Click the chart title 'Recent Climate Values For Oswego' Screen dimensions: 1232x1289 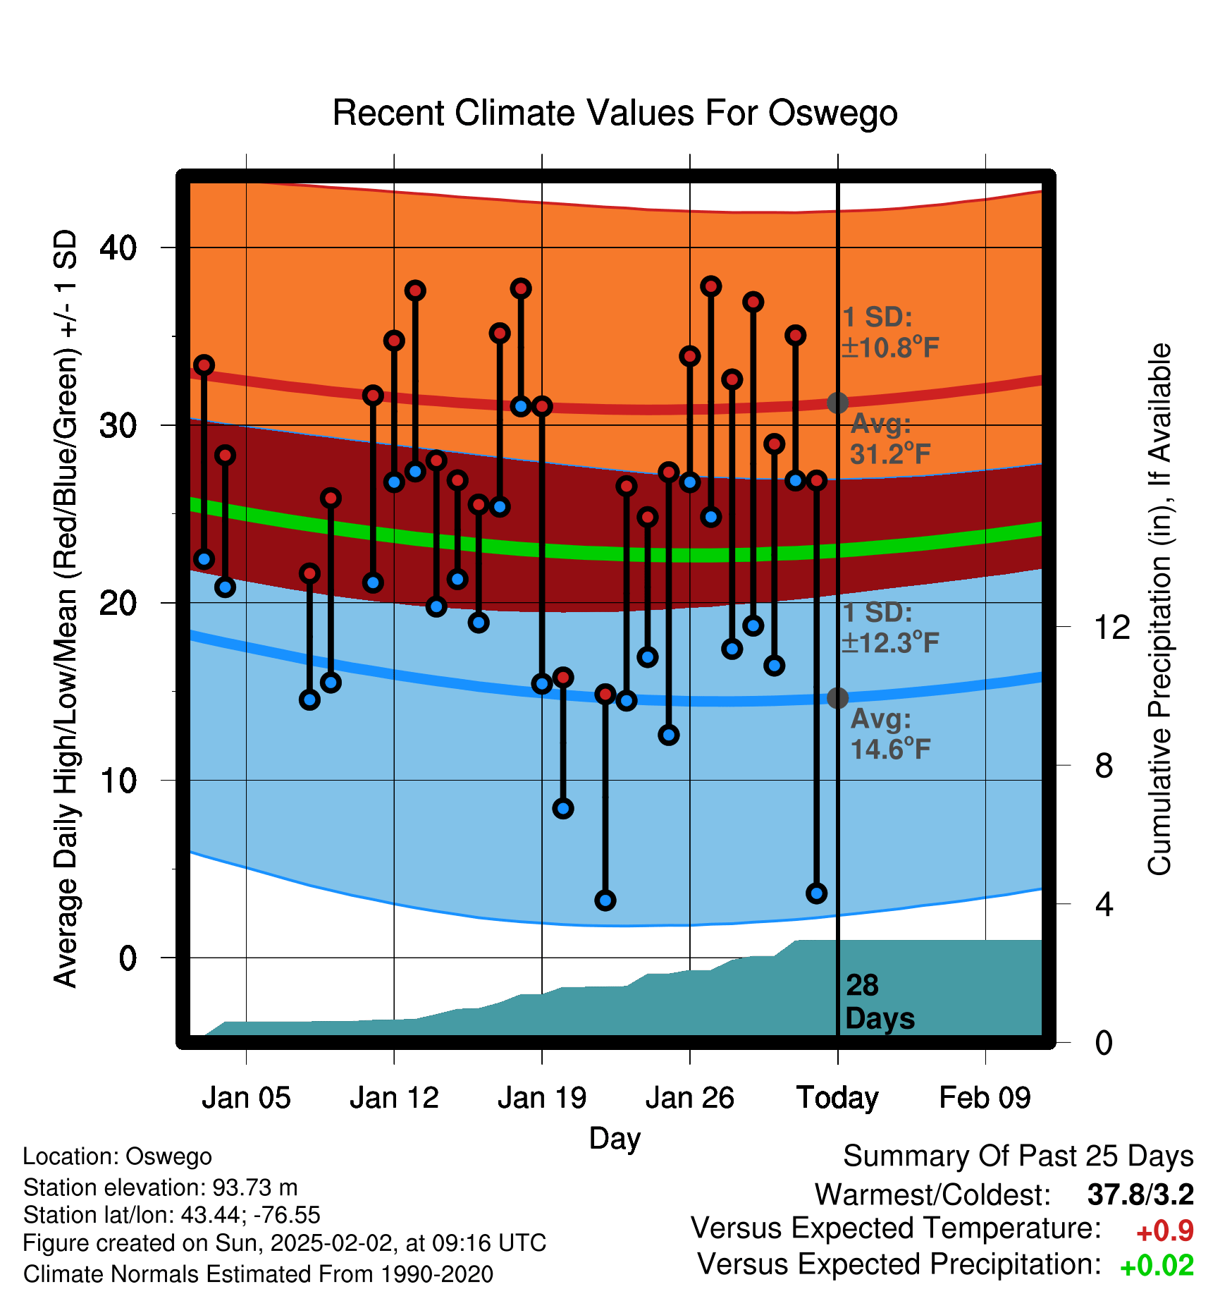tap(615, 113)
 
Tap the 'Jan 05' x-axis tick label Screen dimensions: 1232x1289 tap(246, 1098)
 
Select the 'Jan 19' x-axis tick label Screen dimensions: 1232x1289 tap(542, 1098)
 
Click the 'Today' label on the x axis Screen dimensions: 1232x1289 tap(837, 1099)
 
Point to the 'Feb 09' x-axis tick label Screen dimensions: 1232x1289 tap(985, 1098)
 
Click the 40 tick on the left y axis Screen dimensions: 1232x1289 tap(118, 248)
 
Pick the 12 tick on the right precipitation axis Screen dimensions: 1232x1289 tap(1112, 627)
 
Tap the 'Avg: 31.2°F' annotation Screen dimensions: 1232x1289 tap(889, 439)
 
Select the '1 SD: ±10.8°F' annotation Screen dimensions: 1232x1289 tap(891, 333)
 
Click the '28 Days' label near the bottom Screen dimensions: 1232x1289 tap(880, 1002)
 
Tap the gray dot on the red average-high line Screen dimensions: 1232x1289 tap(837, 403)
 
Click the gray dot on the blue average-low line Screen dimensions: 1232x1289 tap(837, 697)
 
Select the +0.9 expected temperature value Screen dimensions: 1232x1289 tap(1165, 1231)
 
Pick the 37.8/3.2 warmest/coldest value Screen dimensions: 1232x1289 tap(1140, 1195)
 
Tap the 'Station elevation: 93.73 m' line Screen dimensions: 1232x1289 tap(161, 1187)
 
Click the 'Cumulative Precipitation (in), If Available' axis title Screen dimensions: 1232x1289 tap(1159, 609)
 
